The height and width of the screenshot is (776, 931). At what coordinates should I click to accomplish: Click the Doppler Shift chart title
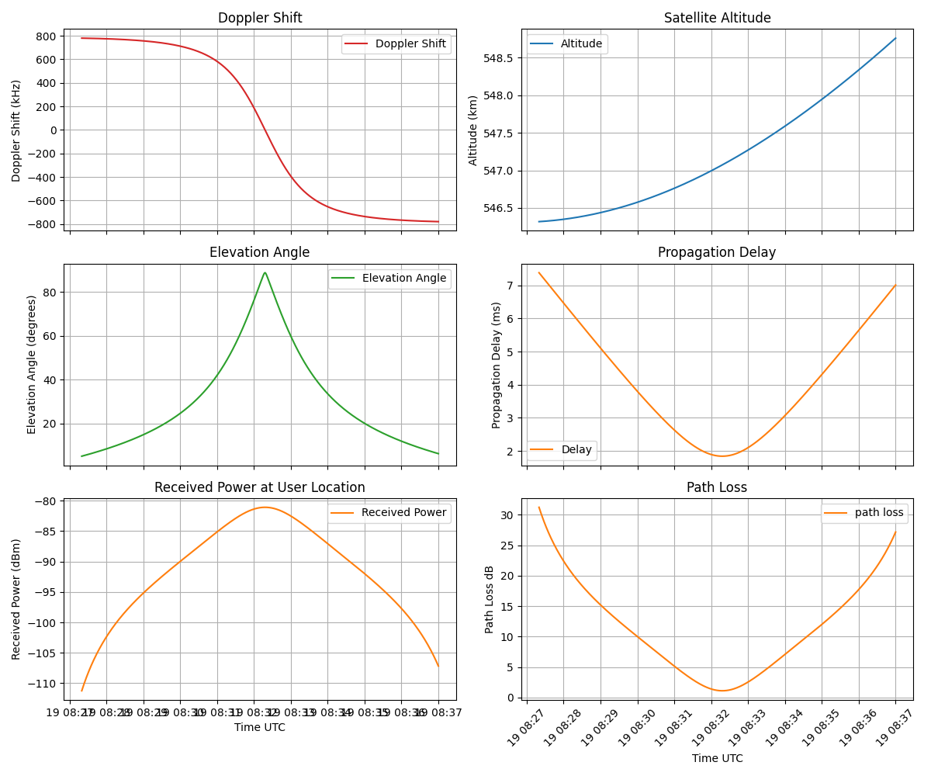[x=260, y=18]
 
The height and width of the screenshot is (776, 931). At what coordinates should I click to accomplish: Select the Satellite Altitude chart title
[x=717, y=18]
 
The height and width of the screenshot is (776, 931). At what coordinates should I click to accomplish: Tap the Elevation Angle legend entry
[x=403, y=279]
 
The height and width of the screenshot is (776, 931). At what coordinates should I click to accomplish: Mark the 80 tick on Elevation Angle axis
[x=52, y=293]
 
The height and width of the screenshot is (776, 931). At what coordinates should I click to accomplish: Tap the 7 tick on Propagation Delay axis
[x=509, y=286]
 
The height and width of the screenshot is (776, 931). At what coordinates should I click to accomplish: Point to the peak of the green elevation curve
[x=265, y=272]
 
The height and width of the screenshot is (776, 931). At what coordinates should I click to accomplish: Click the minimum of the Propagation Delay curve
[x=722, y=456]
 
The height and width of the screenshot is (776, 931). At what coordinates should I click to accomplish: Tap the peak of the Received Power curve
[x=265, y=508]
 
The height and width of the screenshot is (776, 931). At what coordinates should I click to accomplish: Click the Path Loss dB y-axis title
[x=490, y=599]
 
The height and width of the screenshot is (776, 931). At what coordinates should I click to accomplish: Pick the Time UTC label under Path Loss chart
[x=717, y=758]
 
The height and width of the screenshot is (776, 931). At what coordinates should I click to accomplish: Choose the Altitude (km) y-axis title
[x=473, y=130]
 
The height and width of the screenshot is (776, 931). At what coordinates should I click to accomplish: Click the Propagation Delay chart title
[x=717, y=252]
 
